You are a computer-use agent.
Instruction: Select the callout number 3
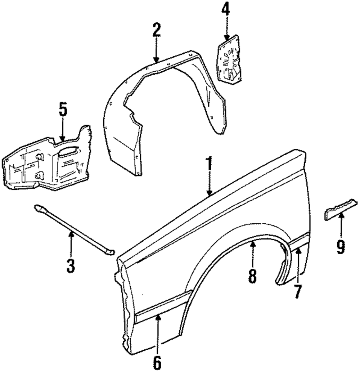tap(71, 266)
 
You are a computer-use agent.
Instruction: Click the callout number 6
tap(157, 362)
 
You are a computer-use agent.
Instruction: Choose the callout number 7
tap(297, 291)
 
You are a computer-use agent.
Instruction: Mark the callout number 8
tap(252, 276)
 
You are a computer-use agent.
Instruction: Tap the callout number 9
tap(340, 247)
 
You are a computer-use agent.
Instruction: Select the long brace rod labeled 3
tap(74, 227)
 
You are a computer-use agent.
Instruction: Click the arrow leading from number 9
tap(340, 225)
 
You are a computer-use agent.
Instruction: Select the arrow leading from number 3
tap(71, 245)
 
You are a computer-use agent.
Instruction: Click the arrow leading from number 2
tap(156, 50)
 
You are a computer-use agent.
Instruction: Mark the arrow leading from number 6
tap(158, 331)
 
